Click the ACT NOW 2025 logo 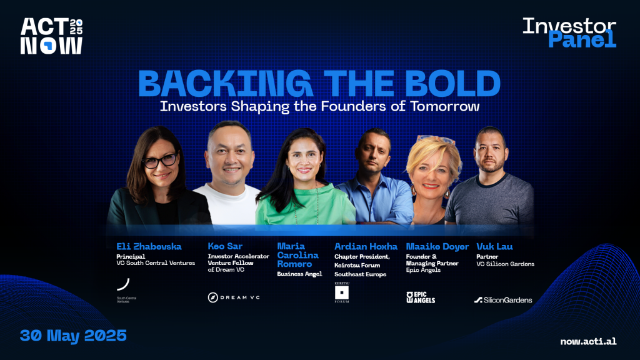(x=51, y=36)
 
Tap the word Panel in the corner (x=582, y=39)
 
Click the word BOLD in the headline (x=452, y=83)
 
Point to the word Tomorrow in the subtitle (x=445, y=106)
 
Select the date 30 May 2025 (x=74, y=336)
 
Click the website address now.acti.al (x=588, y=341)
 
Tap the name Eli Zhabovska (x=149, y=246)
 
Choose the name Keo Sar (x=225, y=246)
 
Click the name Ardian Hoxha (x=366, y=246)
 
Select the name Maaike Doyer (x=437, y=247)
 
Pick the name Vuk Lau (x=494, y=246)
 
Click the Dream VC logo (x=234, y=297)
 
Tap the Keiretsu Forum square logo (x=342, y=292)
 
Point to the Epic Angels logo (x=421, y=297)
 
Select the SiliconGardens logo (x=503, y=300)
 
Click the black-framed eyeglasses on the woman (x=160, y=161)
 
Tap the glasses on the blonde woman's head (x=436, y=140)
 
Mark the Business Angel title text (x=299, y=274)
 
